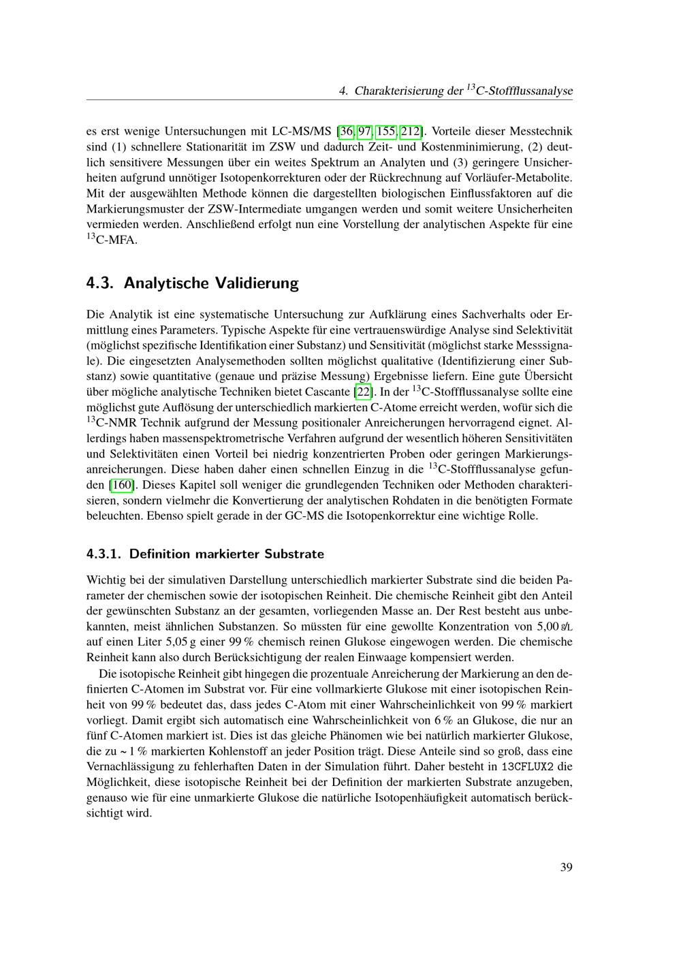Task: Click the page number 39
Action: (566, 867)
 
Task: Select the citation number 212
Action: (411, 131)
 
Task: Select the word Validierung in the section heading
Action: (257, 283)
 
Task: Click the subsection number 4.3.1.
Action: (104, 554)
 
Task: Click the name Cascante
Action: (327, 392)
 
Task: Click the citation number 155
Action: (386, 131)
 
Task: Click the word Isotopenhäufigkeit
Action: (417, 798)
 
